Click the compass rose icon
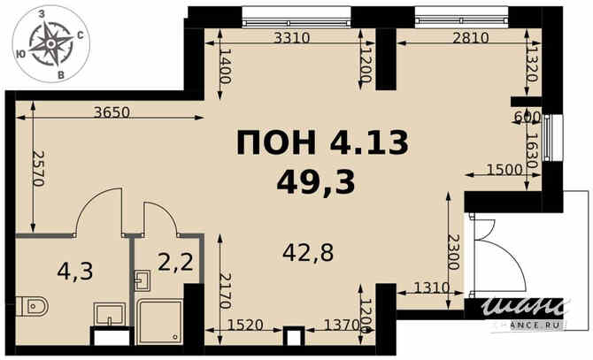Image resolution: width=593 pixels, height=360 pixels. click(x=50, y=44)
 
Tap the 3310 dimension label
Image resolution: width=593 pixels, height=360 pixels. click(x=291, y=38)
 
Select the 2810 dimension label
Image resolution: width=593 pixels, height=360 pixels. click(x=471, y=38)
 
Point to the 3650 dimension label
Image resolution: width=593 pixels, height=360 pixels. click(x=112, y=112)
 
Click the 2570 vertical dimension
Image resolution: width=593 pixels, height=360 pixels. click(x=39, y=168)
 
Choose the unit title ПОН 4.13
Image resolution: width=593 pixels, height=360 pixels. click(x=322, y=142)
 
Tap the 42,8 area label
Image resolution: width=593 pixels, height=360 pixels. click(x=308, y=253)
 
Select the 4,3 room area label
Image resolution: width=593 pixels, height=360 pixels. click(x=75, y=272)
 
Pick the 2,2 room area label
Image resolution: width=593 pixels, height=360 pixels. click(x=175, y=262)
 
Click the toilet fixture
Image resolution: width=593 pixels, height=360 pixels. click(x=33, y=306)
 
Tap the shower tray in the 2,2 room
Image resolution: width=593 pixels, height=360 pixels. click(x=160, y=321)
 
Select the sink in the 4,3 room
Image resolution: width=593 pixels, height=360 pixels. click(x=109, y=313)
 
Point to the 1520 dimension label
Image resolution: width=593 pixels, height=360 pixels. click(x=245, y=325)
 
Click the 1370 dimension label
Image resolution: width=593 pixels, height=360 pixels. click(x=343, y=325)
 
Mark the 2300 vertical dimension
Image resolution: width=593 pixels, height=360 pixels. click(x=453, y=252)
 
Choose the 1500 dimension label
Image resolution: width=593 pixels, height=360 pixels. click(x=504, y=171)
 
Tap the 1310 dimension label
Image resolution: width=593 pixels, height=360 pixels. click(x=432, y=288)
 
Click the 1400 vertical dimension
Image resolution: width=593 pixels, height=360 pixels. click(x=225, y=66)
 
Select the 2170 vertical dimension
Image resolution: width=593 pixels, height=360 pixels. click(x=225, y=291)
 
